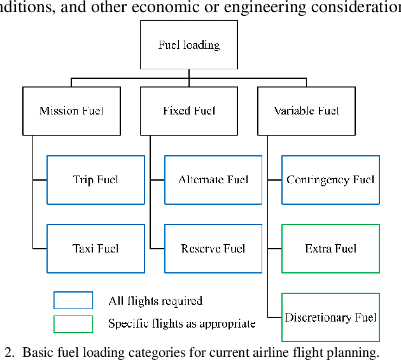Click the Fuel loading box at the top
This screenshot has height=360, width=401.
click(188, 45)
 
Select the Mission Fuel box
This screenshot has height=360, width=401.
click(71, 111)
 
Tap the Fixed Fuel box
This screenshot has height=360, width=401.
click(189, 111)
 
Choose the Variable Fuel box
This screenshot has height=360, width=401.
click(306, 111)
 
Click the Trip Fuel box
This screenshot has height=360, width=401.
click(95, 180)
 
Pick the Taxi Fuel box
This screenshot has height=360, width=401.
click(95, 249)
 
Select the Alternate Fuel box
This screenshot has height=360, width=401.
click(213, 180)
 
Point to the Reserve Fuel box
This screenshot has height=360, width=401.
click(213, 249)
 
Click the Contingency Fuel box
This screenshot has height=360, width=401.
click(330, 180)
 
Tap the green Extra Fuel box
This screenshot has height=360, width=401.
click(330, 249)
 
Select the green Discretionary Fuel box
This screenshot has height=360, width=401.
click(330, 317)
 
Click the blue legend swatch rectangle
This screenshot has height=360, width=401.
click(73, 301)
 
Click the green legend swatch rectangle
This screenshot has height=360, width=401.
click(73, 324)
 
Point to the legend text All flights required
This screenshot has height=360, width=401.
click(155, 301)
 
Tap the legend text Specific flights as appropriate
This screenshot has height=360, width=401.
click(182, 324)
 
